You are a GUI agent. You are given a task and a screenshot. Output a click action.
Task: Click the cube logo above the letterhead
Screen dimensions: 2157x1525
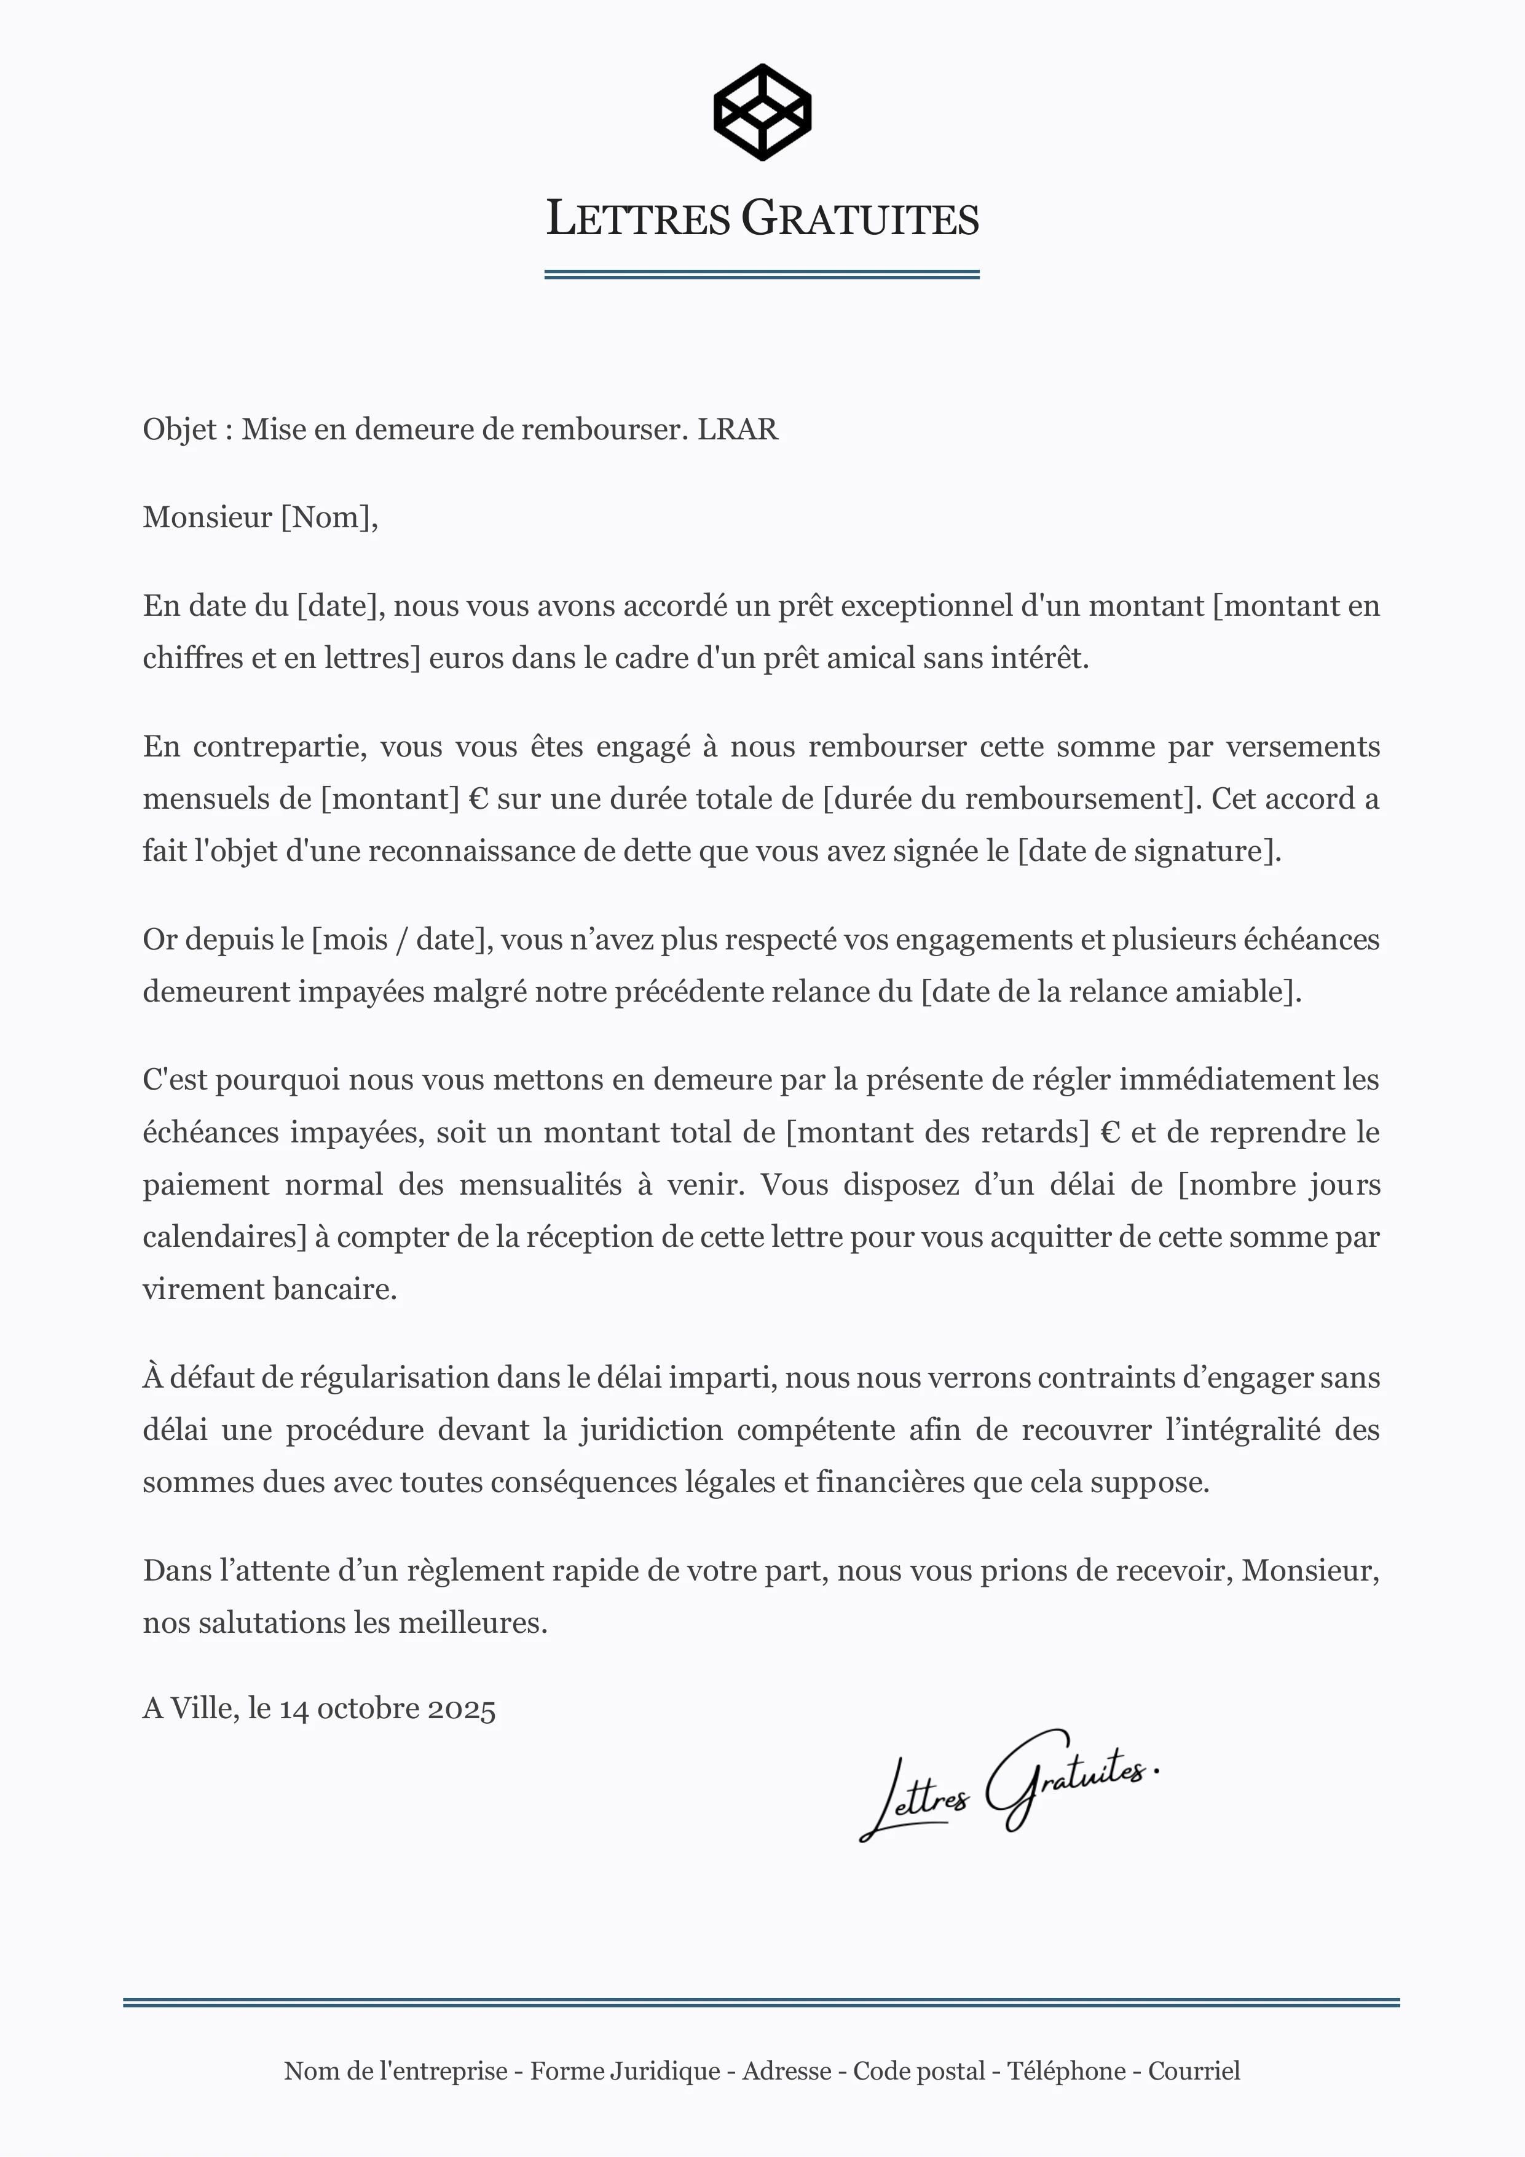pyautogui.click(x=762, y=112)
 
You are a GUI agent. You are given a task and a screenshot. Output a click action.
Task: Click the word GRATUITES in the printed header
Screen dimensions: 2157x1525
pyautogui.click(x=860, y=219)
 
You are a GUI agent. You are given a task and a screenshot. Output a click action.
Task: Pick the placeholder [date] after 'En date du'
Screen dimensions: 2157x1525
pyautogui.click(x=339, y=606)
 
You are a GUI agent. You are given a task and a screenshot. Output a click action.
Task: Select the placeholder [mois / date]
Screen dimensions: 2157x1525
pyautogui.click(x=401, y=940)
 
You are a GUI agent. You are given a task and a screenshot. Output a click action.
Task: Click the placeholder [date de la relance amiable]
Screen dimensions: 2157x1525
pyautogui.click(x=1109, y=992)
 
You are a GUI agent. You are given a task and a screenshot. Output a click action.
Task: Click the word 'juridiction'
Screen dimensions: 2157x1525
pyautogui.click(x=651, y=1430)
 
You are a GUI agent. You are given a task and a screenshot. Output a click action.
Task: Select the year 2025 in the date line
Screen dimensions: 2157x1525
pyautogui.click(x=462, y=1708)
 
